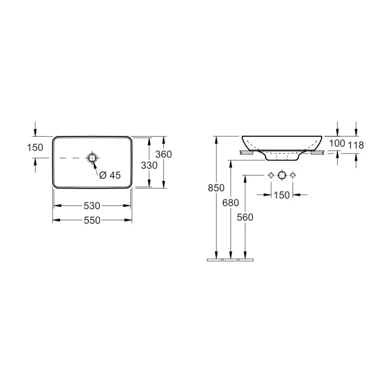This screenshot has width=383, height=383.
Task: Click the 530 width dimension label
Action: pyautogui.click(x=92, y=206)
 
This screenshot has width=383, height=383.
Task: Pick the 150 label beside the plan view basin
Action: pyautogui.click(x=35, y=147)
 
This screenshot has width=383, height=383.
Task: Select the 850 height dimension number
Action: pyautogui.click(x=216, y=188)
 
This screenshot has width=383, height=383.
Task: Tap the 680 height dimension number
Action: pyautogui.click(x=230, y=203)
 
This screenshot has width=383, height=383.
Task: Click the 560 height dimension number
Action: pyautogui.click(x=245, y=217)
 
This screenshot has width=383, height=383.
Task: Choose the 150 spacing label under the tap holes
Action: pyautogui.click(x=282, y=195)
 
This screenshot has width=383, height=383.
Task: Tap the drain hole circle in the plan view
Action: pyautogui.click(x=92, y=158)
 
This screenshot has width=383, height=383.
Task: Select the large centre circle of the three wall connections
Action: pyautogui.click(x=282, y=176)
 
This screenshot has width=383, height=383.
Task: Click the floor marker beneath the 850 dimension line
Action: pyautogui.click(x=214, y=260)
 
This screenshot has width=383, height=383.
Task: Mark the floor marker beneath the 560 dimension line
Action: pyautogui.click(x=246, y=260)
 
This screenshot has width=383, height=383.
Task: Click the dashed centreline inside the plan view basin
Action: pyautogui.click(x=71, y=158)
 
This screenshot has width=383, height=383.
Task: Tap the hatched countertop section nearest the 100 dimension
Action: pyautogui.click(x=317, y=153)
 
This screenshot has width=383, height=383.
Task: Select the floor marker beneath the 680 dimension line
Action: pyautogui.click(x=230, y=260)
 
